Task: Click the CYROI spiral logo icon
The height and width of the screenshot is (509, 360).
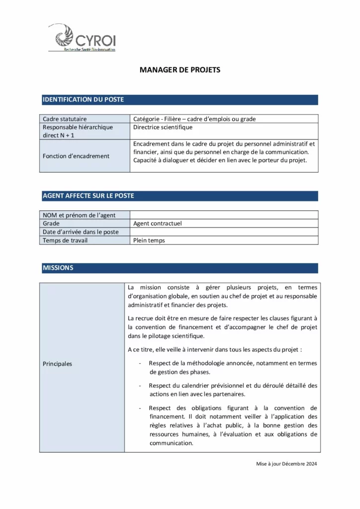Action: tap(64, 36)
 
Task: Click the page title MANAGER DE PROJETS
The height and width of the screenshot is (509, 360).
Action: tap(180, 70)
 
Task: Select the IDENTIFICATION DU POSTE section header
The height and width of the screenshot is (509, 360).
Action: tap(83, 99)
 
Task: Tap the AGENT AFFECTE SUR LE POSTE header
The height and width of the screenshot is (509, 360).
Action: tap(88, 196)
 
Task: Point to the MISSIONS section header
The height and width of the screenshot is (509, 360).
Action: tap(58, 268)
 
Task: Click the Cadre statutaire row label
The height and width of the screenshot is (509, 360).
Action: tap(65, 119)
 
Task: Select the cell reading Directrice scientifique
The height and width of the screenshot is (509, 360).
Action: tap(163, 127)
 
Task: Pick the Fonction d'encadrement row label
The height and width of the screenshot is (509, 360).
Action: tap(76, 156)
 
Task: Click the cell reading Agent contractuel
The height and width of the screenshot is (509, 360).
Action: tap(158, 224)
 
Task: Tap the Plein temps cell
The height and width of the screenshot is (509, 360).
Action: tap(149, 241)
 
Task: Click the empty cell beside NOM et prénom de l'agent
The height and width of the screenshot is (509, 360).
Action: tap(224, 215)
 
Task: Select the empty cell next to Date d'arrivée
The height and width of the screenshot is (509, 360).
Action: tap(224, 232)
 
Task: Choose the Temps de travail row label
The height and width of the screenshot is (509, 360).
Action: tap(65, 241)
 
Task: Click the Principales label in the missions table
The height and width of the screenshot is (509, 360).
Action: tap(58, 364)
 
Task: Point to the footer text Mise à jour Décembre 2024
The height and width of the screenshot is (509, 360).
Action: tap(286, 464)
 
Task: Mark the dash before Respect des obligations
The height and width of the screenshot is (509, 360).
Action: tap(140, 408)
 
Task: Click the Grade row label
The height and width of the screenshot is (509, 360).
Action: tap(51, 224)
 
